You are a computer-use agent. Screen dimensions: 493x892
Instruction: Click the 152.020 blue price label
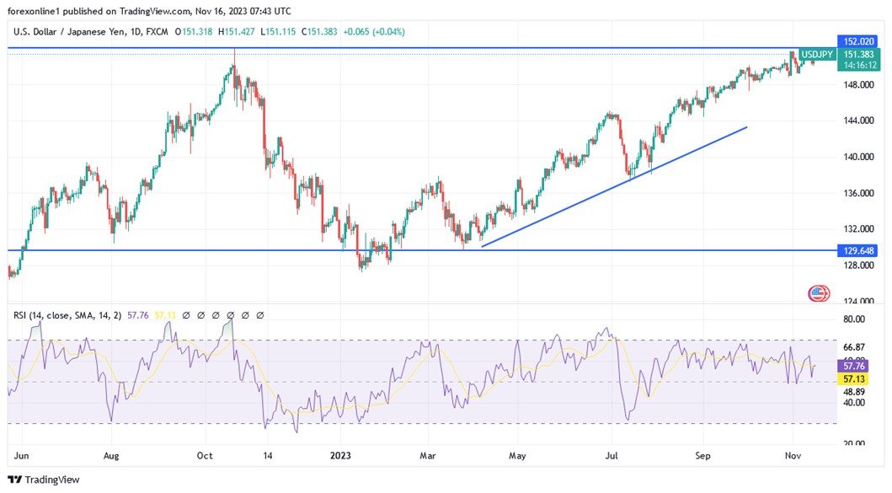860,40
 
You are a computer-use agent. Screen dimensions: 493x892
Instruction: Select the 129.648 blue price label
860,250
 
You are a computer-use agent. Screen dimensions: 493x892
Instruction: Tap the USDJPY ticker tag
816,55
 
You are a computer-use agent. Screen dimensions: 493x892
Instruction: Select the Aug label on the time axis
111,455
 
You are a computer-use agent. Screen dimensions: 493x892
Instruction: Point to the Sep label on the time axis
703,455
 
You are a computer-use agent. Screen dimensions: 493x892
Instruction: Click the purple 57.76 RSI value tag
856,367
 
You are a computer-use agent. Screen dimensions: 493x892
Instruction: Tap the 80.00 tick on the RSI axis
854,319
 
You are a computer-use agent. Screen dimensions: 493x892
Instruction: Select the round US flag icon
819,293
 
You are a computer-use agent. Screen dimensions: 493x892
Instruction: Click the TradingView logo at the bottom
44,480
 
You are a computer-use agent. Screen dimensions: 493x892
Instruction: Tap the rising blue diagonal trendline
615,186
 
